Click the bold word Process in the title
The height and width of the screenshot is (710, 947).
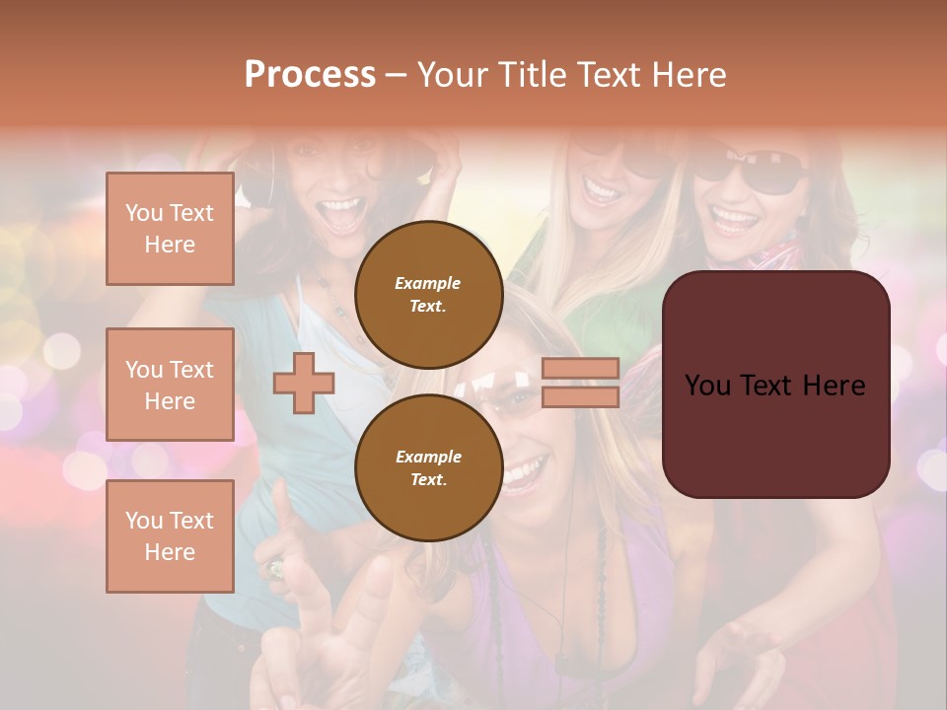pyautogui.click(x=310, y=75)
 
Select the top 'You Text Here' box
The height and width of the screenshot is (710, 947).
pyautogui.click(x=170, y=229)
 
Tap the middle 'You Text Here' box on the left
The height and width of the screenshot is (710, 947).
pyautogui.click(x=170, y=385)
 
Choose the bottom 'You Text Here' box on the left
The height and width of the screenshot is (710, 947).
pyautogui.click(x=170, y=536)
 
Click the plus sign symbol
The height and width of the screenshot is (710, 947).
pyautogui.click(x=304, y=383)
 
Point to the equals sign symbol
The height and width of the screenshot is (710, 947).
pyautogui.click(x=580, y=383)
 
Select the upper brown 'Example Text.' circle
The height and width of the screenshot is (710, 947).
pyautogui.click(x=428, y=294)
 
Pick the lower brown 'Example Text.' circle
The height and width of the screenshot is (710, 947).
pyautogui.click(x=428, y=467)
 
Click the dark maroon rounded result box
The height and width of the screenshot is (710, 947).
pyautogui.click(x=775, y=385)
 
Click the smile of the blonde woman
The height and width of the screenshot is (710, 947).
pyautogui.click(x=602, y=187)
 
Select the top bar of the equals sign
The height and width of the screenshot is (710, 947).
pyautogui.click(x=580, y=369)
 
